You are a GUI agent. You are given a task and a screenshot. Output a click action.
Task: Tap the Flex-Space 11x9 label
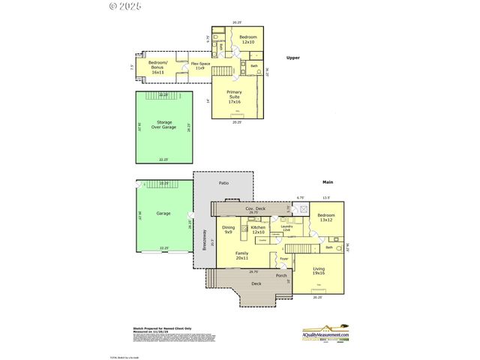click(199, 65)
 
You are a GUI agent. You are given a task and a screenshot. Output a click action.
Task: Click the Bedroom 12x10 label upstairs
click(247, 39)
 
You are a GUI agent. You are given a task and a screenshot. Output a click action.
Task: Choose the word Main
click(327, 181)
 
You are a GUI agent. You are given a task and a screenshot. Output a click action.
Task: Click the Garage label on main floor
click(163, 213)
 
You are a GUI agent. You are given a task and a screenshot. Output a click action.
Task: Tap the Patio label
click(223, 183)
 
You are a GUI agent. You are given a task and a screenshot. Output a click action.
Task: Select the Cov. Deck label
click(256, 208)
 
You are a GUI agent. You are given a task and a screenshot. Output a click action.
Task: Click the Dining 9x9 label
click(229, 229)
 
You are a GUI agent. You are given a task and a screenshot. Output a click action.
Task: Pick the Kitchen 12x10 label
click(258, 229)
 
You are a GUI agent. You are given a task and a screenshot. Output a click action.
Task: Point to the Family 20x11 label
click(242, 256)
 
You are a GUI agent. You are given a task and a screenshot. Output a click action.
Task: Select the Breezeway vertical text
click(203, 239)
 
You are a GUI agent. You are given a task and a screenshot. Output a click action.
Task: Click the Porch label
click(281, 275)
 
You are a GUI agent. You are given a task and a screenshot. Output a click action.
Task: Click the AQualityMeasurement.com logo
click(325, 334)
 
